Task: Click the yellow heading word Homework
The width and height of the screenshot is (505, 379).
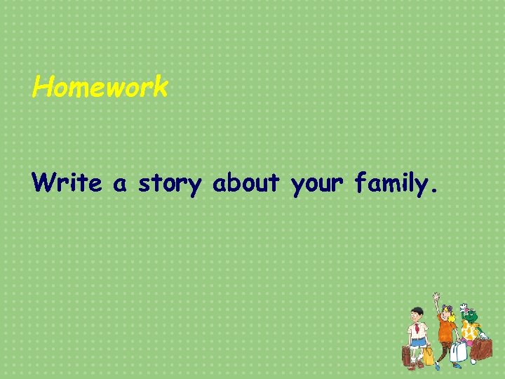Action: point(100,88)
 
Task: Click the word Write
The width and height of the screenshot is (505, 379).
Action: point(66,182)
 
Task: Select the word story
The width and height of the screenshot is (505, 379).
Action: point(170,184)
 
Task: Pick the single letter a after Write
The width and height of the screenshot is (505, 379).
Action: point(120,185)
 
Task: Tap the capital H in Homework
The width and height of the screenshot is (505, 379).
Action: point(43,88)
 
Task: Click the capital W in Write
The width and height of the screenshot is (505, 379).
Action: point(43,182)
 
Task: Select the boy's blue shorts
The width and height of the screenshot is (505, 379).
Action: point(419,342)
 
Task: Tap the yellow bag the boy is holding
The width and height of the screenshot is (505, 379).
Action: point(428,355)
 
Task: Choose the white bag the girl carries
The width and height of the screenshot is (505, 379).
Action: point(458,351)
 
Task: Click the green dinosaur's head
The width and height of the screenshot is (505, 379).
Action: point(471,316)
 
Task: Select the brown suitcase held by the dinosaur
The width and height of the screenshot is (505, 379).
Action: point(483,348)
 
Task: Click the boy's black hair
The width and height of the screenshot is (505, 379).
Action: point(417,311)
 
